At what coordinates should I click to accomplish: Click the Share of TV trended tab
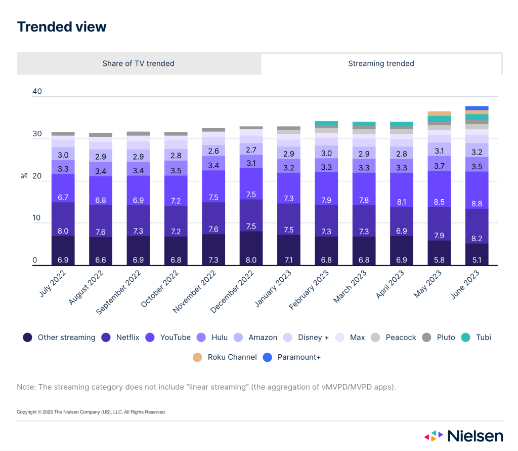pyautogui.click(x=138, y=63)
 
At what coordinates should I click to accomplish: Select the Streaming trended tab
pyautogui.click(x=381, y=63)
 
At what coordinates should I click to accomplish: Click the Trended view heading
pyautogui.click(x=62, y=26)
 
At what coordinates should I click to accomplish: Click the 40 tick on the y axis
pyautogui.click(x=37, y=92)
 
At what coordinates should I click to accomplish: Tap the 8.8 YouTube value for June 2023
pyautogui.click(x=477, y=190)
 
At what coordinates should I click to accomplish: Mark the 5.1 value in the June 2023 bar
pyautogui.click(x=477, y=260)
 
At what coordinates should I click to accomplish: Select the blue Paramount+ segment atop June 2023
pyautogui.click(x=477, y=108)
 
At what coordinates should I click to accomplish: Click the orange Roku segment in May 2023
pyautogui.click(x=439, y=114)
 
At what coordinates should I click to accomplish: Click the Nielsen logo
pyautogui.click(x=463, y=436)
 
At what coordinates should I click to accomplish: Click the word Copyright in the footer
pyautogui.click(x=27, y=412)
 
